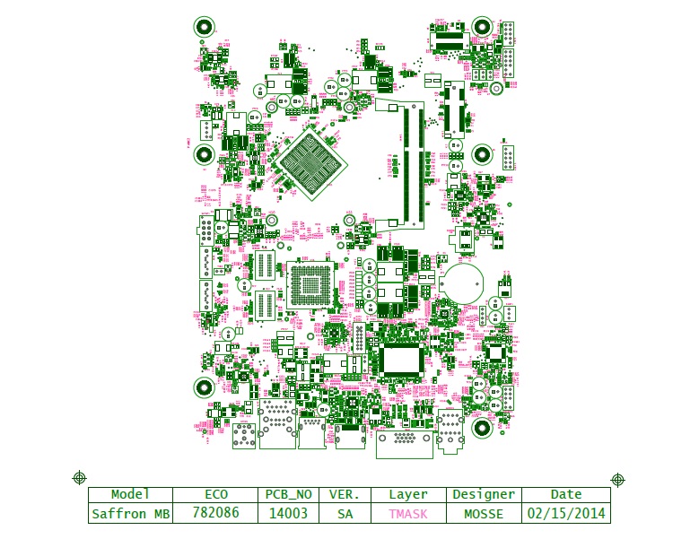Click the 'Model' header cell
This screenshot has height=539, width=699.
click(x=129, y=494)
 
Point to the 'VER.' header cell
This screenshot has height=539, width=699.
click(x=345, y=494)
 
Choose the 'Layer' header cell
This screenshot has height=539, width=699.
click(x=408, y=494)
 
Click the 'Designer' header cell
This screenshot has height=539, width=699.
click(x=484, y=494)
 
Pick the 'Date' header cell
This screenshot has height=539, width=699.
click(x=566, y=494)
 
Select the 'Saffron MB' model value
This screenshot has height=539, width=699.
click(x=131, y=514)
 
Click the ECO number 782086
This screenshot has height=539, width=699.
click(x=216, y=514)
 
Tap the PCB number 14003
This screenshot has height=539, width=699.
click(x=288, y=514)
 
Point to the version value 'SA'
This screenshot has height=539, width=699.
click(x=345, y=514)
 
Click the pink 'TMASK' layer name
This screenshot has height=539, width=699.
click(x=408, y=514)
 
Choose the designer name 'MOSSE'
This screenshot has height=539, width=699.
click(x=484, y=514)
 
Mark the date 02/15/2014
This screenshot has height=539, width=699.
click(x=566, y=514)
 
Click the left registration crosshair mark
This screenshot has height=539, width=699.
click(x=79, y=477)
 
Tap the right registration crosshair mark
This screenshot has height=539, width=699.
click(x=618, y=480)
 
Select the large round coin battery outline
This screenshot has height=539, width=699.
click(x=465, y=283)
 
